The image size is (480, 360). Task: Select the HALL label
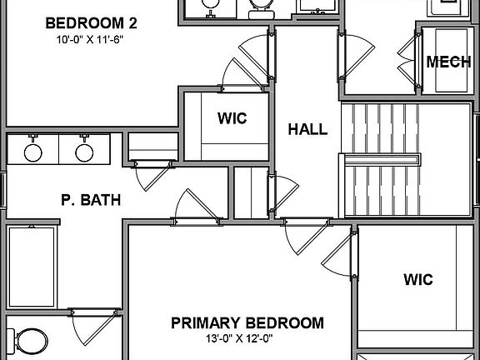[307, 129]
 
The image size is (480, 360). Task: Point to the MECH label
[445, 62]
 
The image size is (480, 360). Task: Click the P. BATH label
[91, 200]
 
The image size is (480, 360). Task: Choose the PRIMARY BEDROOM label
[247, 322]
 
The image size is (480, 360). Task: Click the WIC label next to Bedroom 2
[232, 117]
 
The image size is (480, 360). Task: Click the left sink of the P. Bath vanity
[33, 152]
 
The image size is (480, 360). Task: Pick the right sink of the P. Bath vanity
[83, 152]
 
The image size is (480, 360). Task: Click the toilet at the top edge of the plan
[261, 7]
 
